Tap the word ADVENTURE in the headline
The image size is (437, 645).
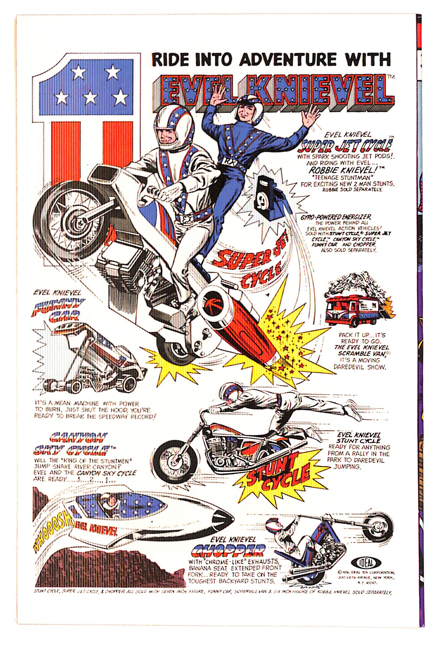click(x=290, y=59)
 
